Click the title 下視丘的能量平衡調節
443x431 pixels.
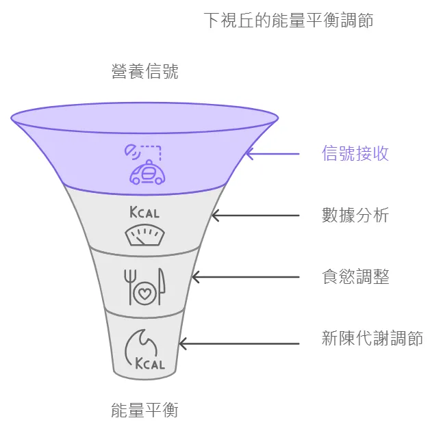(x=289, y=20)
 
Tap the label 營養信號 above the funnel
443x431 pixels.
(x=144, y=71)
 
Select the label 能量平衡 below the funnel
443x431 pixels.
(x=144, y=410)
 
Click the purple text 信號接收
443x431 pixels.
(x=355, y=153)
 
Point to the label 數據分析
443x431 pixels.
(x=355, y=215)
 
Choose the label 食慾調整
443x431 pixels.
(x=355, y=277)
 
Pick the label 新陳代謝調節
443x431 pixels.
(x=372, y=338)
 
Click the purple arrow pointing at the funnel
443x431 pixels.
(x=272, y=154)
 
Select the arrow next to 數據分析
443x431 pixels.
(x=255, y=215)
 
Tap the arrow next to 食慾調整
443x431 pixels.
(x=245, y=277)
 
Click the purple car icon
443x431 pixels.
(x=147, y=174)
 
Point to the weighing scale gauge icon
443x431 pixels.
(x=144, y=235)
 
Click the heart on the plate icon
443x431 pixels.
(x=144, y=294)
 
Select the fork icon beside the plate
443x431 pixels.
(x=127, y=286)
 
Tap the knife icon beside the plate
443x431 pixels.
(x=162, y=287)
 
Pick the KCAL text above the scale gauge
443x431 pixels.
(x=144, y=212)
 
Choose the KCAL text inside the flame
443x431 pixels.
(x=150, y=363)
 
